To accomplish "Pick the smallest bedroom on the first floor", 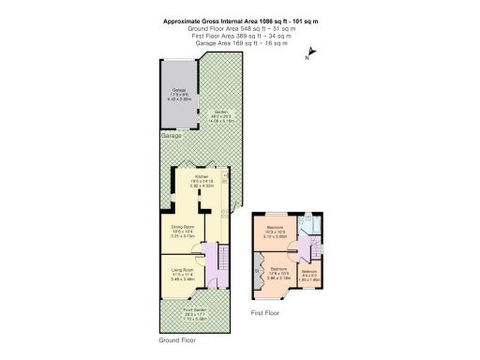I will pos(308,274).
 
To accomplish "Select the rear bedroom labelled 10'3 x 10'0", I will pos(275,233).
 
